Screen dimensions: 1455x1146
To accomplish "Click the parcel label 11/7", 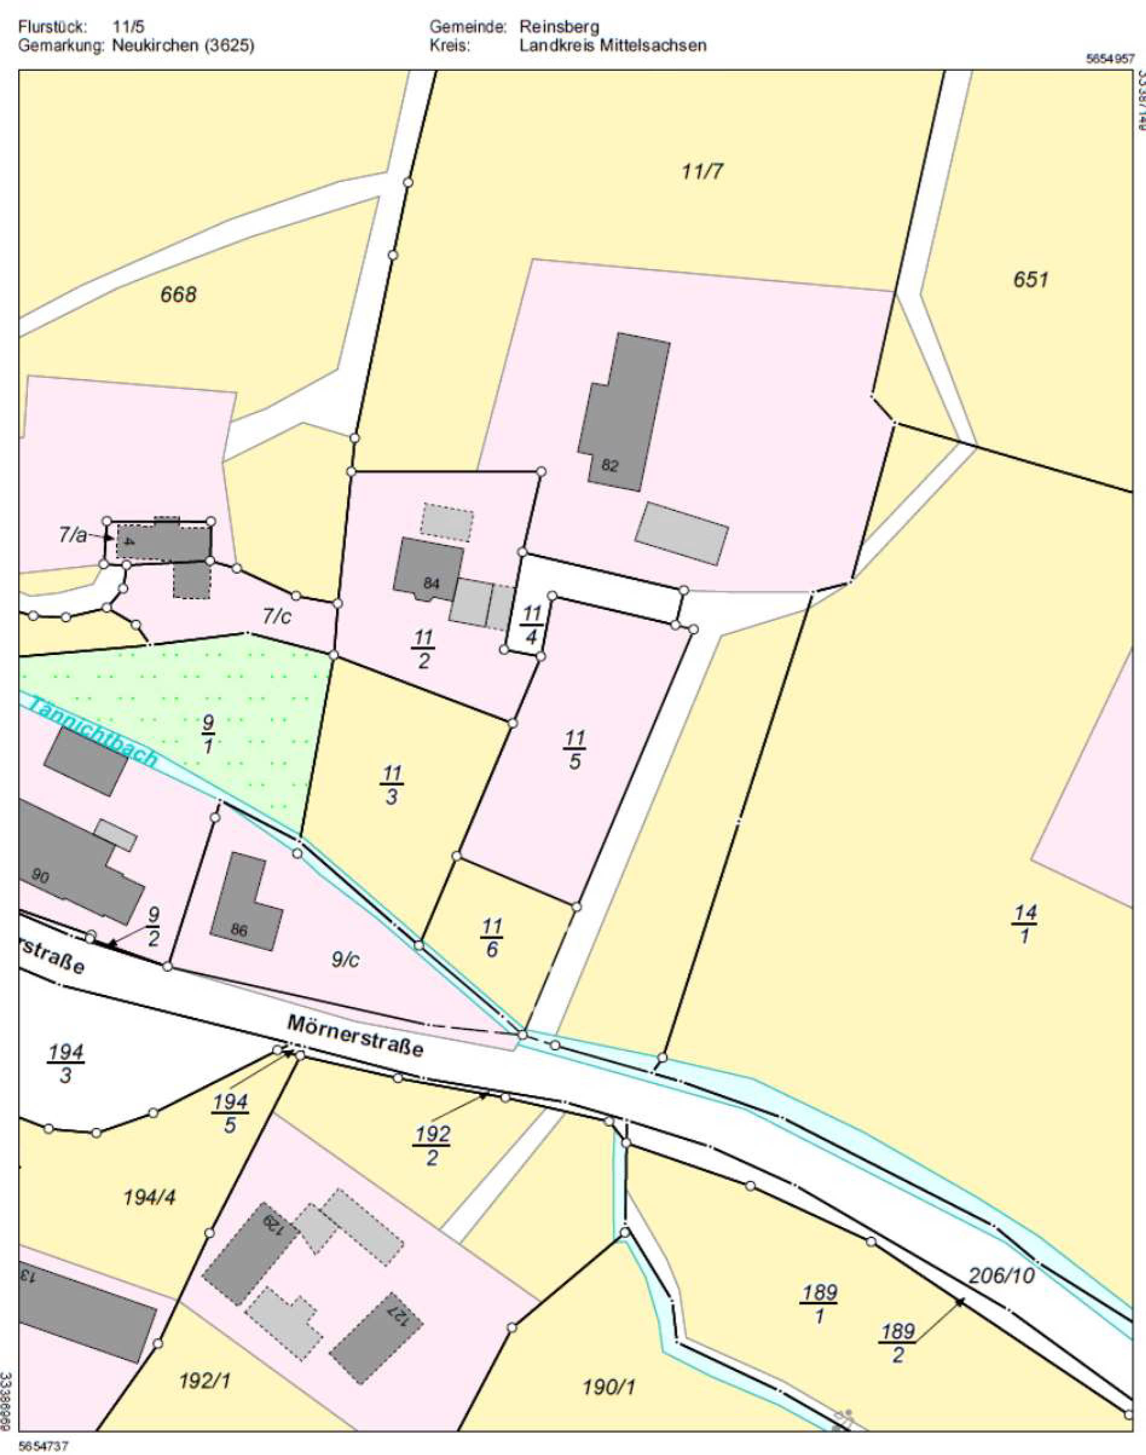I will (x=702, y=172).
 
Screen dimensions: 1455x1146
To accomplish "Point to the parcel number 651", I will (x=1030, y=280).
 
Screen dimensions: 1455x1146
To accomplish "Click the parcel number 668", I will (x=178, y=295).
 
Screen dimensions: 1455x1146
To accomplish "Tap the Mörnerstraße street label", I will (x=355, y=1035).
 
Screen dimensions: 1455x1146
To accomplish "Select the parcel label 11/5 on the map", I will (x=574, y=750).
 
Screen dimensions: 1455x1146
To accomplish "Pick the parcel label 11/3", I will (x=392, y=785).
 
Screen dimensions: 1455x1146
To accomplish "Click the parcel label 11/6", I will (x=492, y=938).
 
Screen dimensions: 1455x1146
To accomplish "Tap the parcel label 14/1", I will (x=1025, y=923).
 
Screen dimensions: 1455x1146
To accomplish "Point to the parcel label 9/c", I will (x=346, y=960).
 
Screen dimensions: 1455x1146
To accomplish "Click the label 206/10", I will (x=1001, y=1276).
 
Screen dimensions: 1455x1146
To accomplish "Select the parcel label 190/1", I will (x=609, y=1387).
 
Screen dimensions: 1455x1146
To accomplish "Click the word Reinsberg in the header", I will (x=558, y=27).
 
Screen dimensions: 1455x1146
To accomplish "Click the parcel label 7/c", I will (x=276, y=616).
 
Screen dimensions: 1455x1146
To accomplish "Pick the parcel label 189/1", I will (x=819, y=1304).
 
